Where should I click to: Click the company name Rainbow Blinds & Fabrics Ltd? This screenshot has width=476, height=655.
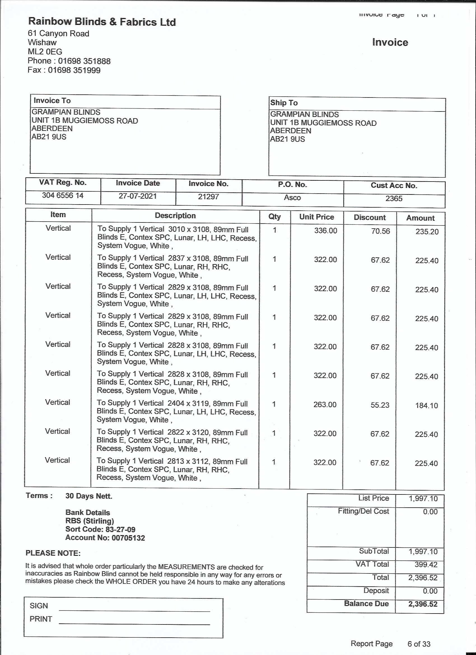(x=102, y=22)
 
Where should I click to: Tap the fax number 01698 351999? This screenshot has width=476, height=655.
(x=74, y=70)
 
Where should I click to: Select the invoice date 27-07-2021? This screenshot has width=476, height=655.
(x=137, y=196)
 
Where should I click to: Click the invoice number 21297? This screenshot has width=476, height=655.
(x=208, y=197)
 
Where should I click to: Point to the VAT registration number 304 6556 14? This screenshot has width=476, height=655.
(x=63, y=196)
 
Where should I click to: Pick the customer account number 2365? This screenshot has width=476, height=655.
(x=394, y=198)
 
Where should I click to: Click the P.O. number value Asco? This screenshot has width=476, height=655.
(x=292, y=198)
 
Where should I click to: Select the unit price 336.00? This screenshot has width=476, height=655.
(x=325, y=231)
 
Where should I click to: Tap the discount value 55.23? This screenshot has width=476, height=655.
(x=380, y=405)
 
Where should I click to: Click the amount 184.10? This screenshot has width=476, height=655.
(x=426, y=405)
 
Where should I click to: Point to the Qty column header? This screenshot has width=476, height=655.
(x=274, y=217)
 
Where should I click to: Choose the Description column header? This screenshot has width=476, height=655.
(x=175, y=216)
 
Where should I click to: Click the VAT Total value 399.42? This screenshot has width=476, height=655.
(x=426, y=565)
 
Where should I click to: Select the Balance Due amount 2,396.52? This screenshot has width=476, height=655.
(x=423, y=604)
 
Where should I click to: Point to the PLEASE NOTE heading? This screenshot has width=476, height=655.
(x=53, y=553)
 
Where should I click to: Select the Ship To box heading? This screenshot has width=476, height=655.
(x=284, y=103)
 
